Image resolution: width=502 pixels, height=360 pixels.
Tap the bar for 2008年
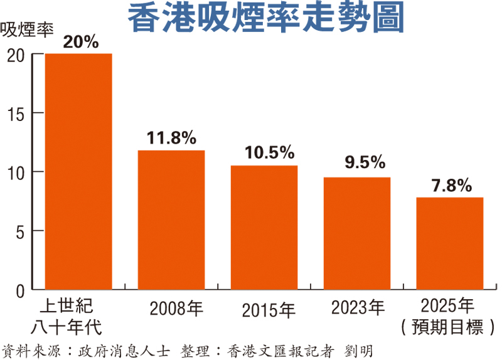[x=171, y=220]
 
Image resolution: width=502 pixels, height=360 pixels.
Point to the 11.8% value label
[x=171, y=138]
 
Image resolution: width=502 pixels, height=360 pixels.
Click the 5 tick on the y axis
[x=21, y=231]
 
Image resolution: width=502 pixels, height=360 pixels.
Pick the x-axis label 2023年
[x=358, y=307]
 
